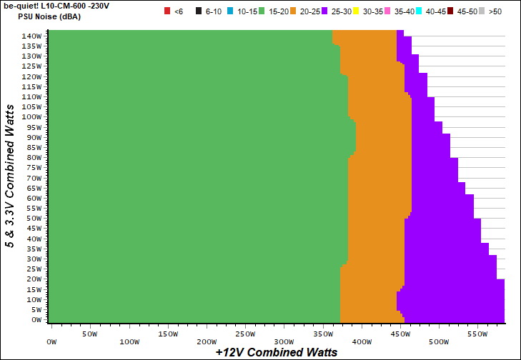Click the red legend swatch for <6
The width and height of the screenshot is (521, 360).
pos(167,11)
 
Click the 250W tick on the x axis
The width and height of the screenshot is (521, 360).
pos(244,334)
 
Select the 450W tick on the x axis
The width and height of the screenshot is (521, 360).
pos(400,334)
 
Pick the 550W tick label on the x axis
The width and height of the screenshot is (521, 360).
pos(478,334)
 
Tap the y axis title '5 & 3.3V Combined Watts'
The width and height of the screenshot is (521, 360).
pos(10,175)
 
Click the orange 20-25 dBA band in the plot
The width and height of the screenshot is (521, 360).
pos(375,179)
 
